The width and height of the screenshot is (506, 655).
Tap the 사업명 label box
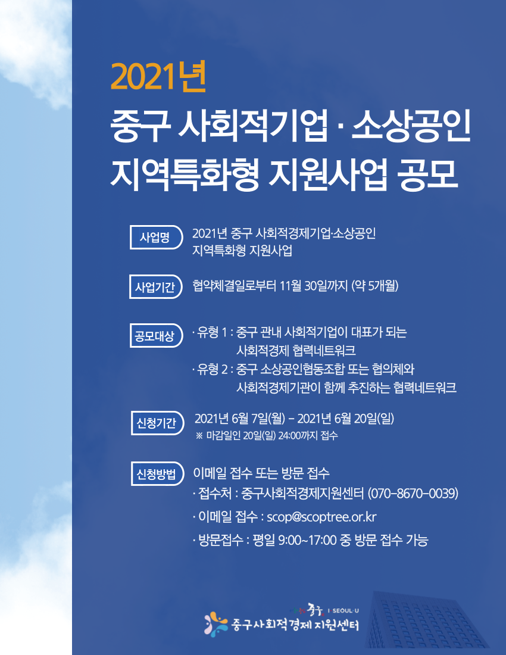click(x=156, y=237)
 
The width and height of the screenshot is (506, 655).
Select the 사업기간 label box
click(x=156, y=286)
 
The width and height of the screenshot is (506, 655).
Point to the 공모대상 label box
click(x=156, y=335)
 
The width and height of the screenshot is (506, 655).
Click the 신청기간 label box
click(x=157, y=423)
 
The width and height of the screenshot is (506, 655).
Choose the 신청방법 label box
click(x=157, y=474)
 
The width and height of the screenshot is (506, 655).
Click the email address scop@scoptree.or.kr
click(x=321, y=517)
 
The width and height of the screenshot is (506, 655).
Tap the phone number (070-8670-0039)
click(x=413, y=494)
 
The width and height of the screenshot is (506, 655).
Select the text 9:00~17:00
click(x=307, y=540)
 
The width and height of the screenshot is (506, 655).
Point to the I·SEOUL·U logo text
click(x=346, y=611)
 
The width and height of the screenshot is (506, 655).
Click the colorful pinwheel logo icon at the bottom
click(x=216, y=624)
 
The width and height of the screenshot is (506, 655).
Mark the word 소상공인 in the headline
click(x=411, y=125)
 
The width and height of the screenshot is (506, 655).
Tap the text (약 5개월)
click(x=375, y=286)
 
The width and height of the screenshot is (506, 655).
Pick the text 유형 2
click(x=213, y=369)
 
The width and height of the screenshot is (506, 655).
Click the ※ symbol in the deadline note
click(x=199, y=436)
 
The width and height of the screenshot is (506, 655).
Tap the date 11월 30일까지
click(x=314, y=286)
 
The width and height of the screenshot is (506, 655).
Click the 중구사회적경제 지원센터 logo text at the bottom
click(x=295, y=625)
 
